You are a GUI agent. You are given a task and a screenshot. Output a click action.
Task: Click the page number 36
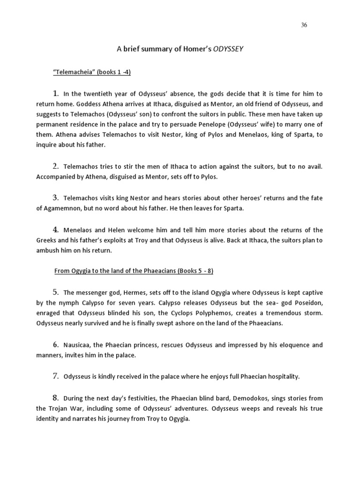304,25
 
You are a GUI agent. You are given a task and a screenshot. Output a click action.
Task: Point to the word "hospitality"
280,376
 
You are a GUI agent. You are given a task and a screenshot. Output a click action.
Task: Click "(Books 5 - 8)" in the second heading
194,271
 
